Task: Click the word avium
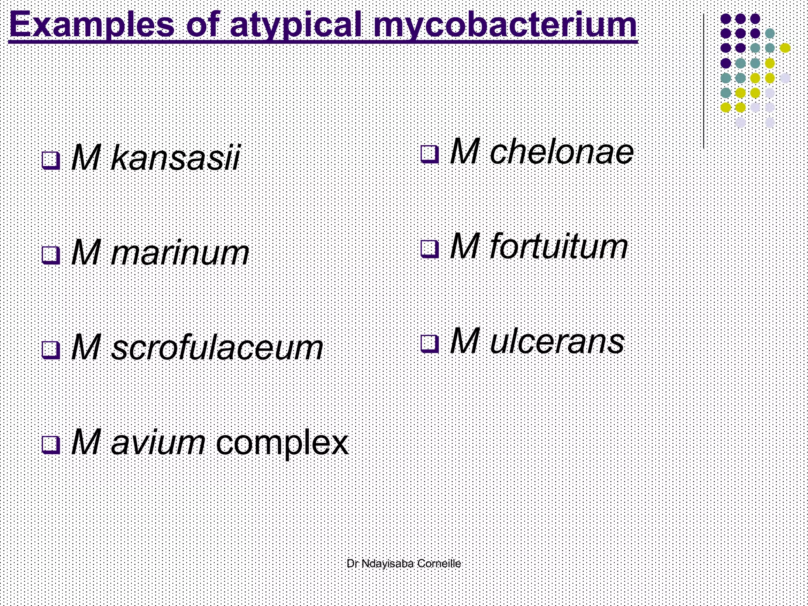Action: tap(158, 443)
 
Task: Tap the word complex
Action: tap(282, 443)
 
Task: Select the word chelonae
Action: tap(561, 152)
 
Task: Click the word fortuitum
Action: tap(558, 247)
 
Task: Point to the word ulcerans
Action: tap(557, 341)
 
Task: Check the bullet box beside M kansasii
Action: tap(51, 160)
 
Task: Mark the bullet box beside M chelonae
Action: tap(430, 154)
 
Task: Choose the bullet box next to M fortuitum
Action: tap(430, 249)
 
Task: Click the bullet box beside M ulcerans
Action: tap(430, 343)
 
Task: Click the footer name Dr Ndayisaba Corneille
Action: tap(404, 563)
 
